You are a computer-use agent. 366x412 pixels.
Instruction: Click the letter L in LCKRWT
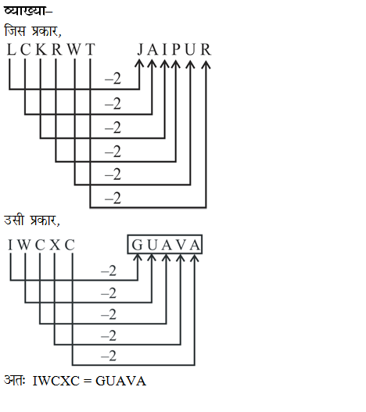click(x=11, y=49)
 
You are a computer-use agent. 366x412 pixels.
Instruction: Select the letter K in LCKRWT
click(x=41, y=49)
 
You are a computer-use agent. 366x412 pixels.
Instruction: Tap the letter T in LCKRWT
click(x=90, y=49)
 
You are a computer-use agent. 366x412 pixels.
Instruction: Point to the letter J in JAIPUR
click(x=140, y=49)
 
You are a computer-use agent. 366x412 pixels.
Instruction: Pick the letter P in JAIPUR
click(x=176, y=49)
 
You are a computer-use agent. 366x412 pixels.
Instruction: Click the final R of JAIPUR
click(x=206, y=49)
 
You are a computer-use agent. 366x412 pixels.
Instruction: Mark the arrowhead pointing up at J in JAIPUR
click(x=139, y=63)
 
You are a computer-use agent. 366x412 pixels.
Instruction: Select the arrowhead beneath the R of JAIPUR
click(x=206, y=65)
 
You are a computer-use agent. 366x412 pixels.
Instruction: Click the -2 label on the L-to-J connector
click(x=113, y=78)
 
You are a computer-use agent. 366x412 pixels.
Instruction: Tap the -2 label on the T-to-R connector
click(x=113, y=198)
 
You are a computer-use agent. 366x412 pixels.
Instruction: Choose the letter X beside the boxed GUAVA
click(x=55, y=245)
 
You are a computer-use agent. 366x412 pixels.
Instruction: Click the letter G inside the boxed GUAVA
click(x=138, y=245)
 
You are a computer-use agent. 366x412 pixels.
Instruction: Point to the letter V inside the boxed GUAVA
click(x=181, y=245)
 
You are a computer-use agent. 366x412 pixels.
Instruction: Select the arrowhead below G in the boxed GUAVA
click(x=138, y=258)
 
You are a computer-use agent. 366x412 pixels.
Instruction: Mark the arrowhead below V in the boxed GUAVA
click(x=181, y=258)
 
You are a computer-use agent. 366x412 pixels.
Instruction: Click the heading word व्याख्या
click(x=25, y=10)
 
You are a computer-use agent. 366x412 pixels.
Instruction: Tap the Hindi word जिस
click(x=15, y=30)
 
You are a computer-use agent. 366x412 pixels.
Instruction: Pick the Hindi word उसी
click(x=14, y=220)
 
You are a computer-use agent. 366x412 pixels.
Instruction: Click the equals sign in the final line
click(x=88, y=381)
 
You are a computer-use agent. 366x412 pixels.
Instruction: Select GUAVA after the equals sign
click(x=120, y=381)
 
